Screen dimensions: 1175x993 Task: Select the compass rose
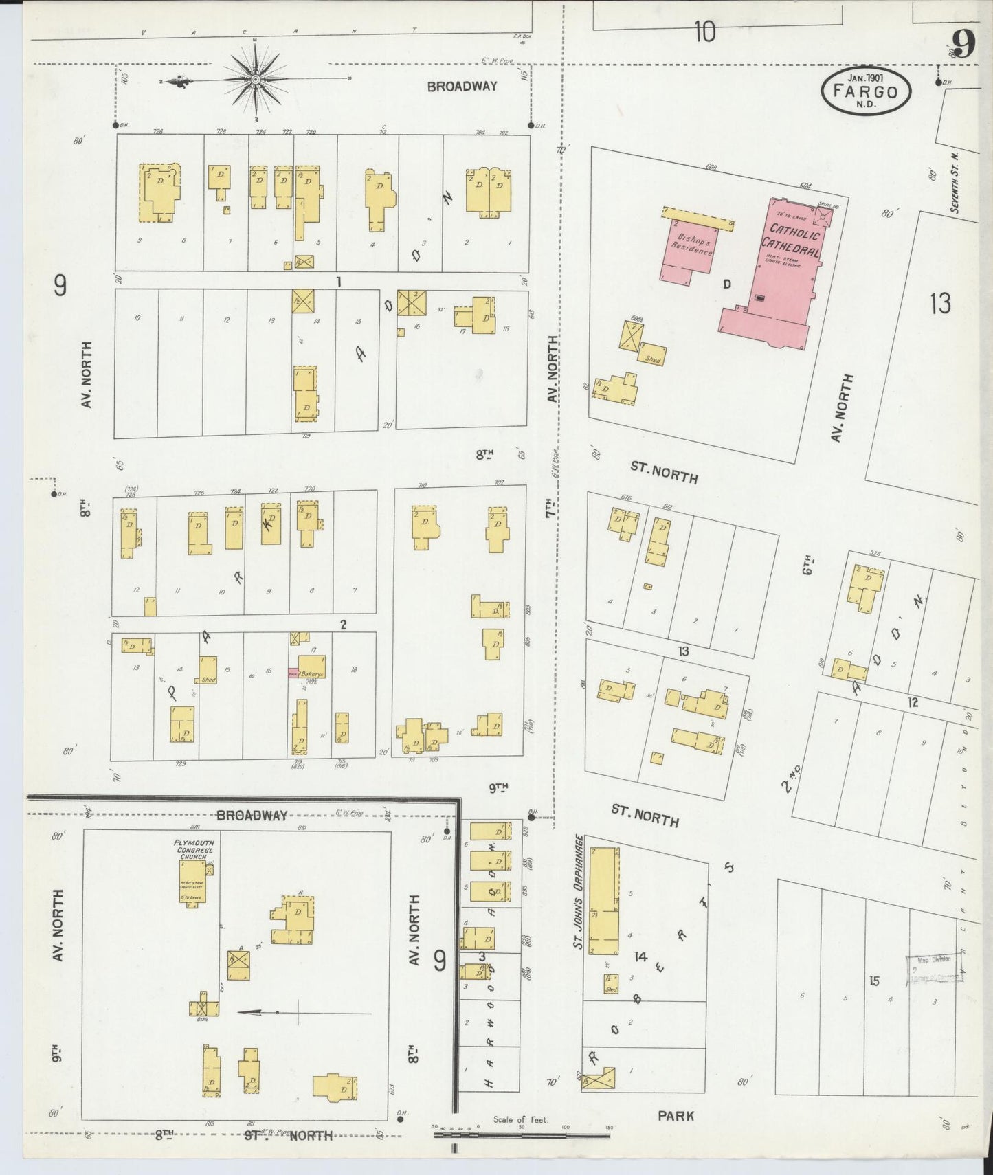[256, 80]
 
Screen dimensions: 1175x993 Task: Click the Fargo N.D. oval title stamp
[865, 90]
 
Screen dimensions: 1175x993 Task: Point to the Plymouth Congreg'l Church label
[194, 849]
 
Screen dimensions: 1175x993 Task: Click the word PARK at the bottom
[676, 1116]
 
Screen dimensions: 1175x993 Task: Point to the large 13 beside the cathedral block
[939, 303]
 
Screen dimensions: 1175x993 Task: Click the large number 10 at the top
[704, 32]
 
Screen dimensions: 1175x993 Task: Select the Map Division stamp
[933, 968]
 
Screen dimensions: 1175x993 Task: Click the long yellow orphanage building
[603, 900]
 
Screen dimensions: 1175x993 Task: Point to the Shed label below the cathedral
[652, 359]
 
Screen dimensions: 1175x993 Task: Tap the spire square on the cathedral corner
[822, 216]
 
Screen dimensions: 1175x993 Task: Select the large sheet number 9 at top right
[963, 45]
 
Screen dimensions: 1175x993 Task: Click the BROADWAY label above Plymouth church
[252, 816]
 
